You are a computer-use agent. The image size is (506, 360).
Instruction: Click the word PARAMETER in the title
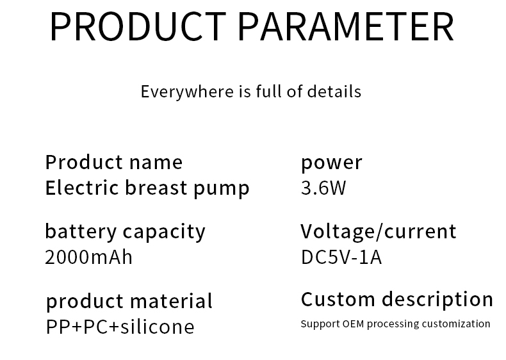coord(347,26)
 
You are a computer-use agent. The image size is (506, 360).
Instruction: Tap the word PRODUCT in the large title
coord(138,26)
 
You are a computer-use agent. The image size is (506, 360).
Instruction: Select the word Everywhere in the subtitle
coord(187,92)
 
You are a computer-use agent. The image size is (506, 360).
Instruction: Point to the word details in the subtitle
coord(334,92)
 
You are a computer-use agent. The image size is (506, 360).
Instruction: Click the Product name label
coord(114,162)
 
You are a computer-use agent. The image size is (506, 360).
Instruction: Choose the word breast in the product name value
coord(156,188)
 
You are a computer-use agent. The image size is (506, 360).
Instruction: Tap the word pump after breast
coord(222,189)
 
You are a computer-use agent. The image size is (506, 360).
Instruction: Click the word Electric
coord(82,188)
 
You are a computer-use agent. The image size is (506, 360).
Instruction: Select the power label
coord(331,163)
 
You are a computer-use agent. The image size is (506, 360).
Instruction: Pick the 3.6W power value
coord(323,188)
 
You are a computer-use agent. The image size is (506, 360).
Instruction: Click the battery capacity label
coord(125,232)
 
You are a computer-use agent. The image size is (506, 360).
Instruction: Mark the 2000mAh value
coord(89,258)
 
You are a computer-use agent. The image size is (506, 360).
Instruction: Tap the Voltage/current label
coord(378,231)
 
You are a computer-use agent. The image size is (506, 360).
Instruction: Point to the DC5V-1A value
coord(341,258)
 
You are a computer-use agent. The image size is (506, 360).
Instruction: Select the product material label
coord(129,302)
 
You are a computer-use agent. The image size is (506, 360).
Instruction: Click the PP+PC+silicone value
coord(120,327)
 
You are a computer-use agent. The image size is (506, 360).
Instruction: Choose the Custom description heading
coord(397,300)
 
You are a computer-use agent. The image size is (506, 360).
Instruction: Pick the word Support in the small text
coord(320,324)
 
